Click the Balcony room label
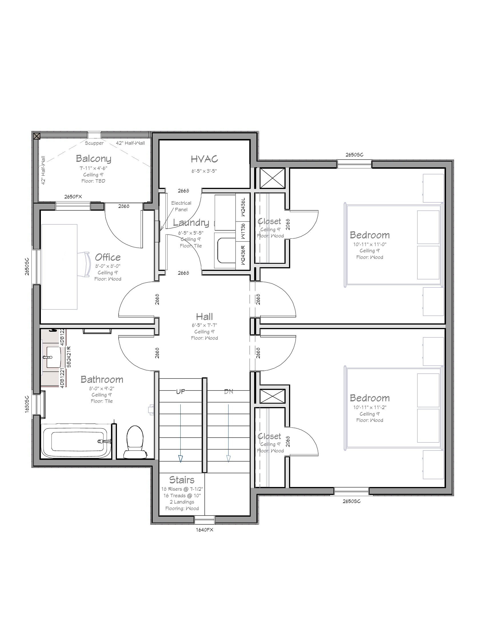(93, 158)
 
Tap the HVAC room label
(204, 159)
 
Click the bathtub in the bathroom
(76, 441)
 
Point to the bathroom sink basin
(54, 357)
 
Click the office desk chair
(84, 264)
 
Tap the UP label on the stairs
(180, 391)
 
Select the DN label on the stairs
(229, 391)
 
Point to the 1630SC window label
(27, 404)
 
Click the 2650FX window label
(73, 197)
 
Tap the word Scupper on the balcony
(94, 143)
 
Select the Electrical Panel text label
(181, 206)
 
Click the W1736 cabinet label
(243, 231)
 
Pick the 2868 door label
(124, 206)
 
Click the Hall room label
(204, 317)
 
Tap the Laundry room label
(191, 223)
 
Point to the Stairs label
(182, 480)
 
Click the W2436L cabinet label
(243, 207)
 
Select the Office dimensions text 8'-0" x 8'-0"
(108, 266)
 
